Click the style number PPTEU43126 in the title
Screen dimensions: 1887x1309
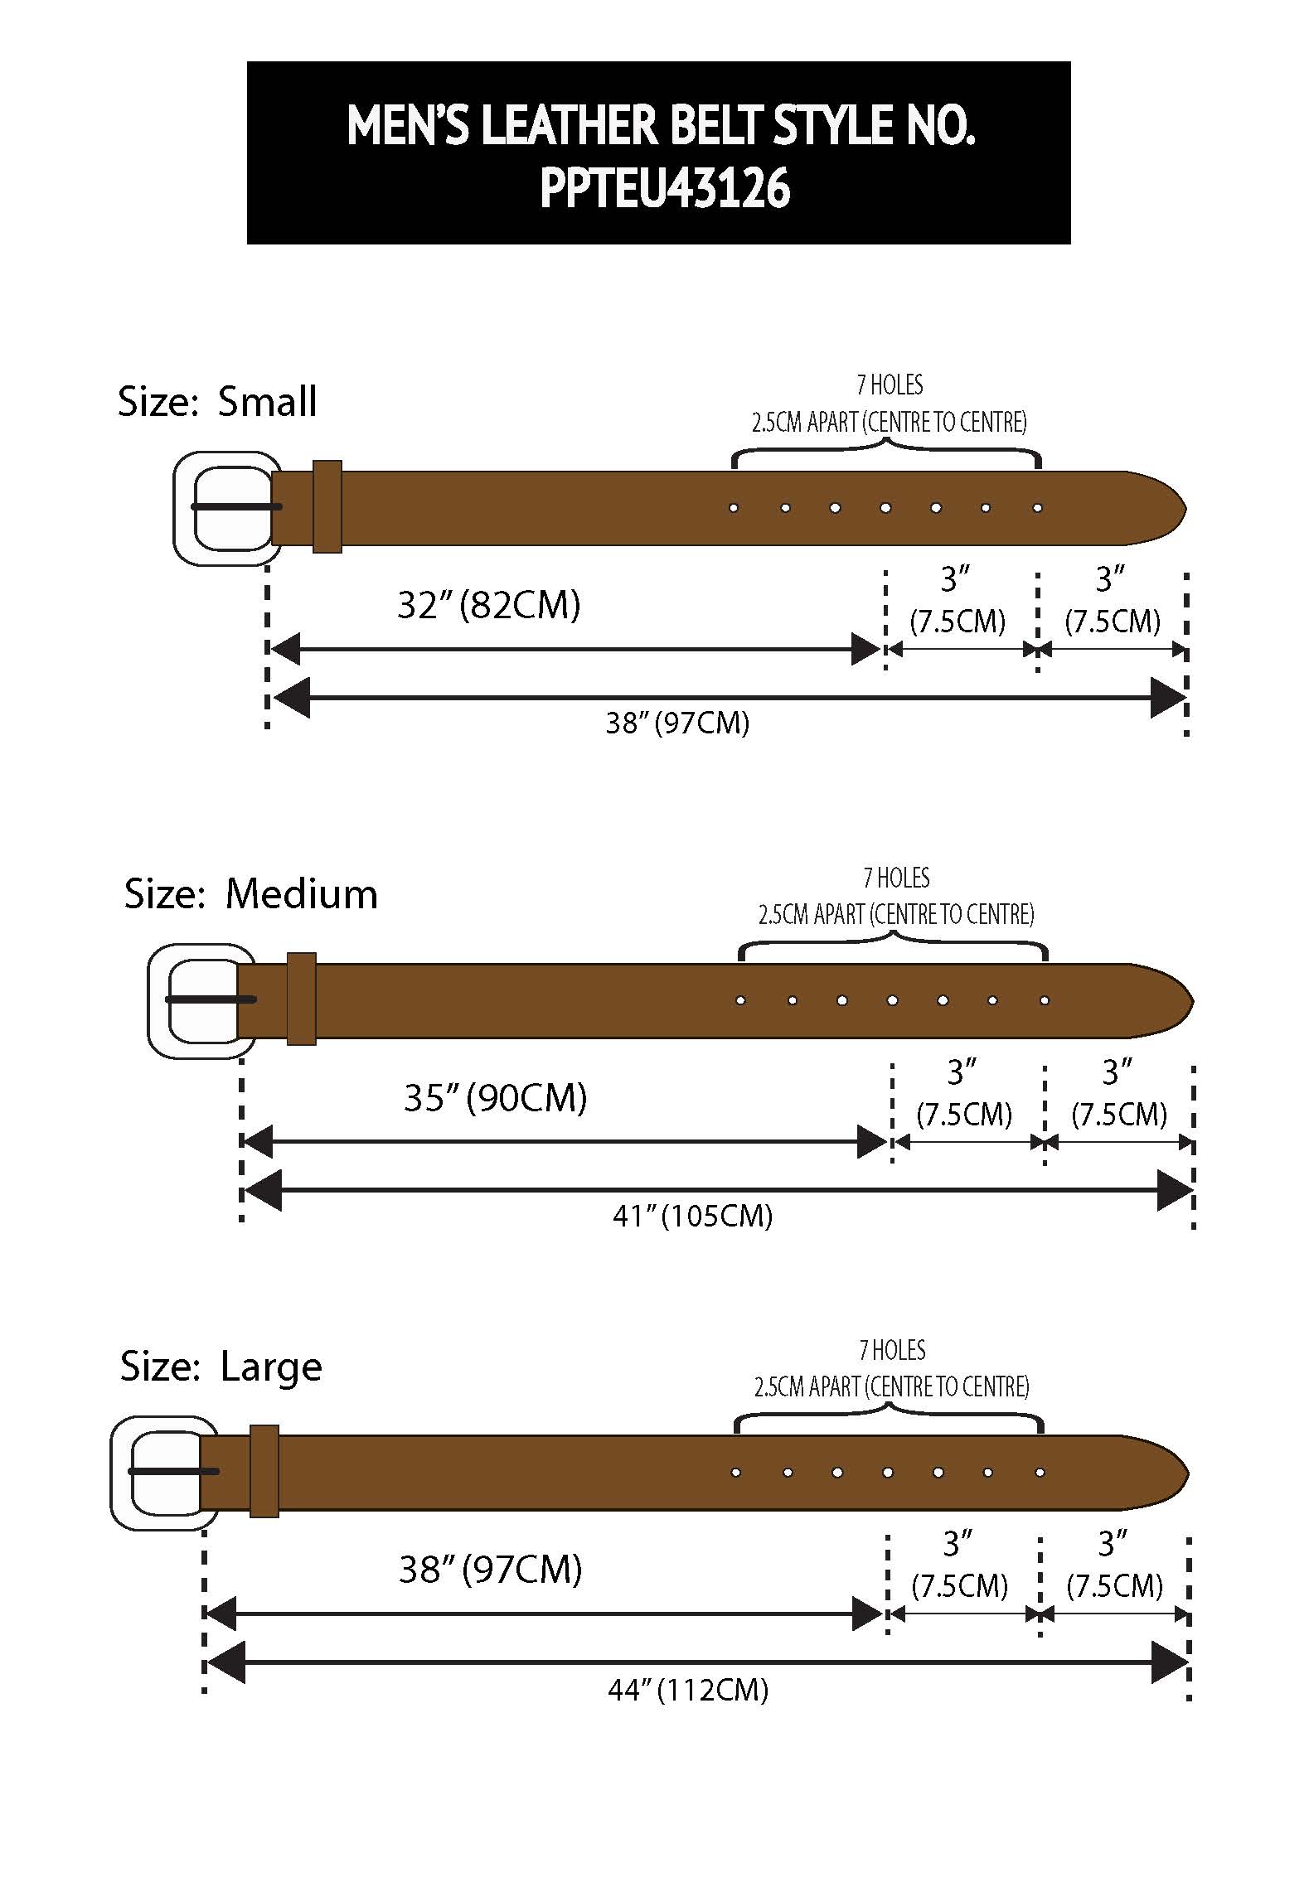665,189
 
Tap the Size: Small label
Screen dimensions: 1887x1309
217,402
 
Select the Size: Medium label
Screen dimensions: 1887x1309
250,894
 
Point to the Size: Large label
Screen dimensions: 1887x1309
221,1367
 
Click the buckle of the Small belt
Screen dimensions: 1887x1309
226,508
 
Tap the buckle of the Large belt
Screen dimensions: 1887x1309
163,1472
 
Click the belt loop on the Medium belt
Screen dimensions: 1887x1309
301,999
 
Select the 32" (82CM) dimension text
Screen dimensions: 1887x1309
488,605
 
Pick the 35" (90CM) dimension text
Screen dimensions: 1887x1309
495,1098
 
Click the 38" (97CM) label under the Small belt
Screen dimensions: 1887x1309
677,723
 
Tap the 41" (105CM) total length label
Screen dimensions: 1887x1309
692,1217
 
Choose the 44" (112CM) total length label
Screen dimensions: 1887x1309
688,1690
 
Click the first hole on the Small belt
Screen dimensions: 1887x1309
734,507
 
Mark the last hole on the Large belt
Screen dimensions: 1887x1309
1040,1473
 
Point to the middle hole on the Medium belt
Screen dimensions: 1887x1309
892,1000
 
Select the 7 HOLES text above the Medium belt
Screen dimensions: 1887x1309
896,878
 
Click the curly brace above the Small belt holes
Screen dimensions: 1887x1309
886,452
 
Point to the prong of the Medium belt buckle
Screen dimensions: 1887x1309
211,999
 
